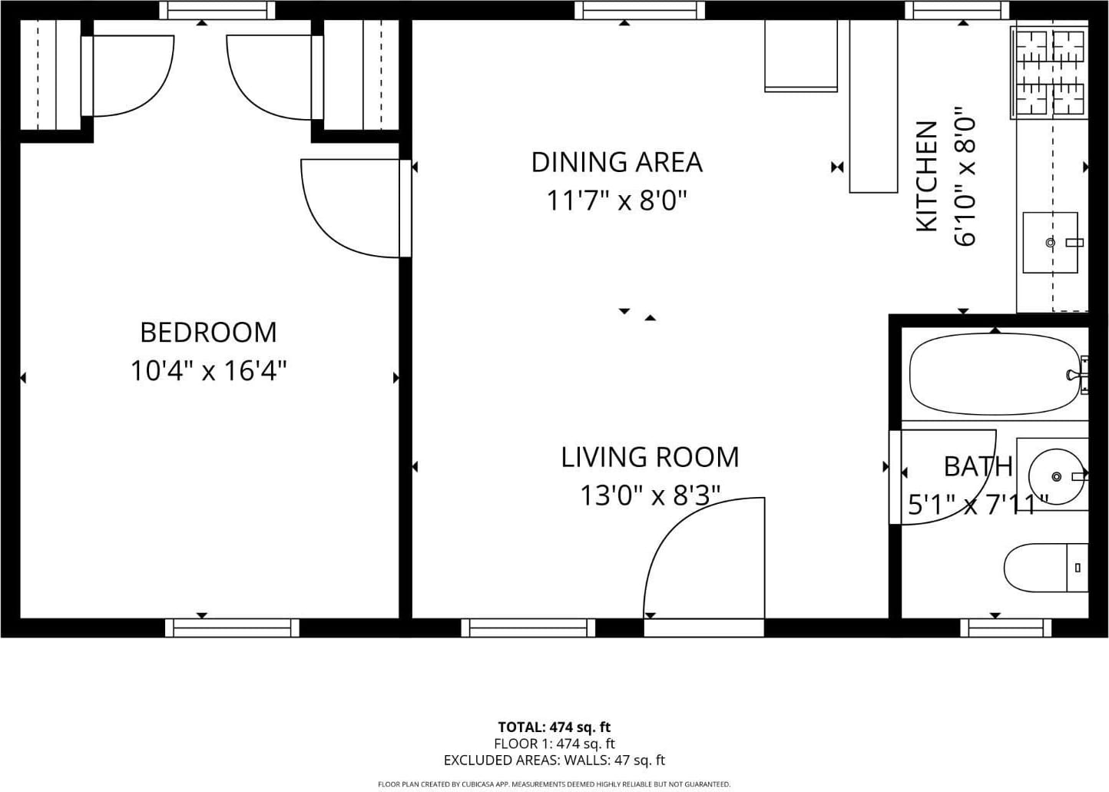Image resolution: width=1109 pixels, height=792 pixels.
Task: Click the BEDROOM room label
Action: coord(208,333)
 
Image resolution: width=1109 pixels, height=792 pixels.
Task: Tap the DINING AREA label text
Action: coord(617,162)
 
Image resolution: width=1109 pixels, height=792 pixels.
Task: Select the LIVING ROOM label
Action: coord(650,457)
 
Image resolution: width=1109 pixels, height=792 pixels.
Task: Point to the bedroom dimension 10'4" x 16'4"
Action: coord(208,370)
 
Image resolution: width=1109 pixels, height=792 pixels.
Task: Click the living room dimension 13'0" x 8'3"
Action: coord(650,495)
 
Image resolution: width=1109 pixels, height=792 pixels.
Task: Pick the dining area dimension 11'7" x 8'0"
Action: coord(617,201)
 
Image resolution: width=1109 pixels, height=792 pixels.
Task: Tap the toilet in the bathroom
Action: coord(1045,568)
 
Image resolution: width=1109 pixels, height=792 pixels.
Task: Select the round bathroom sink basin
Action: coord(1057,476)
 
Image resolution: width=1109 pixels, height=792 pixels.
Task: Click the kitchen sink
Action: coord(1050,243)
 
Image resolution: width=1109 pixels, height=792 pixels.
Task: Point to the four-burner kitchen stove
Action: coord(1049,73)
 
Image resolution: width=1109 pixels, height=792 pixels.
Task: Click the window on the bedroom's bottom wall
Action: coord(232,628)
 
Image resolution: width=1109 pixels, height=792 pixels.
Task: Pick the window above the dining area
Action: coord(640,11)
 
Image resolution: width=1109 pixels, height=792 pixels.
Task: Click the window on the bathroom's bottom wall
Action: coord(1006,628)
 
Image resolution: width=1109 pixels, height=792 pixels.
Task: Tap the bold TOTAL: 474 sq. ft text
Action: coord(554,727)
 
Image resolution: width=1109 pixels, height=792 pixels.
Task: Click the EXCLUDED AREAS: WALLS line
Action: coord(554,761)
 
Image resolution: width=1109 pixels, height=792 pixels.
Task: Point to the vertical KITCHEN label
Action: coord(927,177)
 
